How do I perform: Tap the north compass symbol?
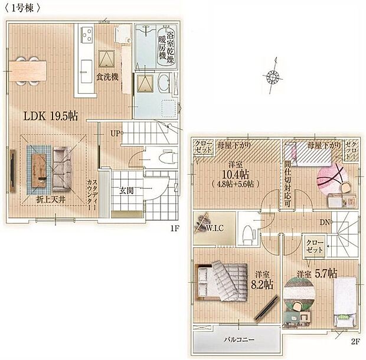(273, 77)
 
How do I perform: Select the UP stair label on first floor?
(115, 133)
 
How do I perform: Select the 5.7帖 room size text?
(325, 274)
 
